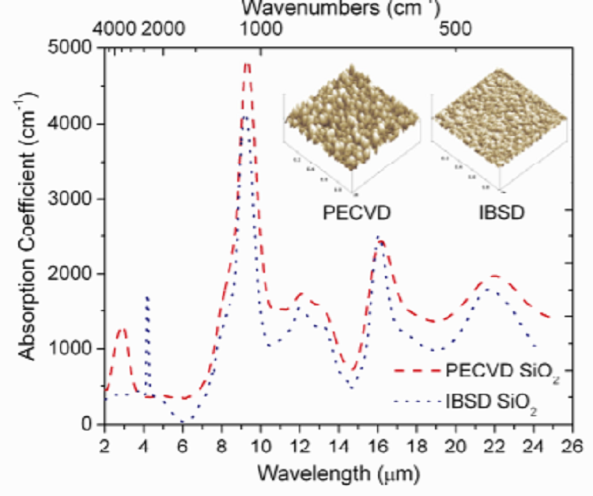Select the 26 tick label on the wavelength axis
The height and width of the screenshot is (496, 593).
point(571,443)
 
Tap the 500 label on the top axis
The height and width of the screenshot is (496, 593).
point(456,29)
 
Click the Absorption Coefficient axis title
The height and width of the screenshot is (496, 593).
point(28,235)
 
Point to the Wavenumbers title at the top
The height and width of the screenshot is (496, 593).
point(338,9)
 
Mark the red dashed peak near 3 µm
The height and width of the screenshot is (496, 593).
point(122,328)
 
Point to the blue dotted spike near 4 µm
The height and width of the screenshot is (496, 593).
point(147,298)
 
